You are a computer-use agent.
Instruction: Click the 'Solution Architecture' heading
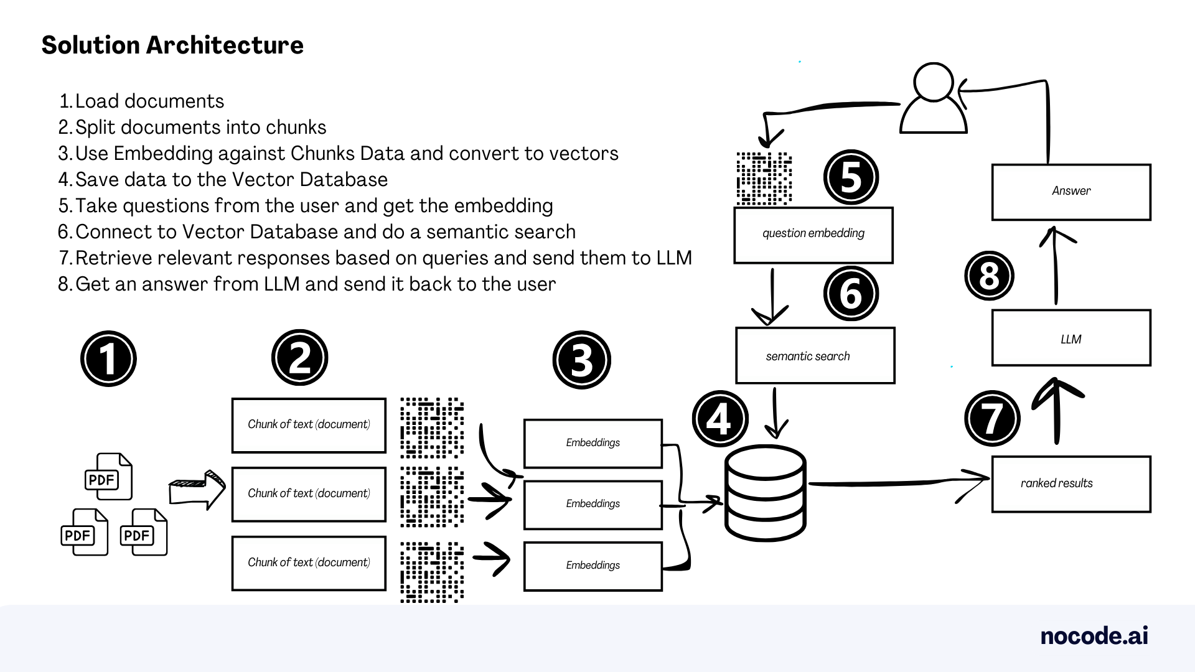pyautogui.click(x=172, y=45)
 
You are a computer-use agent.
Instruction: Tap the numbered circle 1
pyautogui.click(x=108, y=358)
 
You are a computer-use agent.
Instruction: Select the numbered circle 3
pyautogui.click(x=581, y=360)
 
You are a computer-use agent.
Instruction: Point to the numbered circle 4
pyautogui.click(x=720, y=418)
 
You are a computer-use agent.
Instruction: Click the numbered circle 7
pyautogui.click(x=992, y=418)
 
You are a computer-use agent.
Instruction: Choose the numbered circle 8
pyautogui.click(x=989, y=276)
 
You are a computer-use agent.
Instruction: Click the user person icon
pyautogui.click(x=934, y=100)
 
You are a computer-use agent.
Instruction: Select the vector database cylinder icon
pyautogui.click(x=766, y=493)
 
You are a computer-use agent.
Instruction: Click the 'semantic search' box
pyautogui.click(x=815, y=355)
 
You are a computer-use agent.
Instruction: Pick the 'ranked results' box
pyautogui.click(x=1071, y=484)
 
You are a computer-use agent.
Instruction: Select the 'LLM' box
pyautogui.click(x=1071, y=338)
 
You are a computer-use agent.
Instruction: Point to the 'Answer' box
pyautogui.click(x=1071, y=192)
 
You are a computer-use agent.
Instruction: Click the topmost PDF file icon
pyautogui.click(x=108, y=477)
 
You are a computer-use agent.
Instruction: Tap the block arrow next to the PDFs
pyautogui.click(x=197, y=490)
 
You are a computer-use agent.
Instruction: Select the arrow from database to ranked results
pyautogui.click(x=896, y=482)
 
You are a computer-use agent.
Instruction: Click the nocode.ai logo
pyautogui.click(x=1094, y=636)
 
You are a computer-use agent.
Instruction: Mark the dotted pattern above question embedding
pyautogui.click(x=764, y=179)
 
